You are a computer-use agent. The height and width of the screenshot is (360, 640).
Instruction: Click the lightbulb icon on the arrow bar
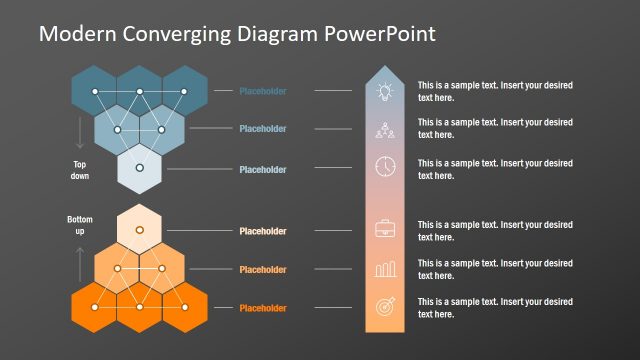[x=385, y=91]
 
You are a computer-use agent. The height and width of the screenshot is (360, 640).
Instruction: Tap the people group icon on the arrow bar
[x=385, y=129]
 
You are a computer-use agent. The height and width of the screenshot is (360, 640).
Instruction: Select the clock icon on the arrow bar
[x=385, y=166]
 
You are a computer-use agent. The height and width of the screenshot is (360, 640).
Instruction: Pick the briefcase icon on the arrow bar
[x=385, y=230]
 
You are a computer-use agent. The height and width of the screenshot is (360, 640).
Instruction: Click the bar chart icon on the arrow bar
[x=385, y=269]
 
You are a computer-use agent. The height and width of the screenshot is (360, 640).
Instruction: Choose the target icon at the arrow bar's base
[x=385, y=308]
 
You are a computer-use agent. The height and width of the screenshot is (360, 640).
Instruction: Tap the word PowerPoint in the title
[x=379, y=34]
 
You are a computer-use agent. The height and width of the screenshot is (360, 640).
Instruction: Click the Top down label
[x=81, y=170]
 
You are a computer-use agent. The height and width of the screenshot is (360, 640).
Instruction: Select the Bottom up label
[x=81, y=225]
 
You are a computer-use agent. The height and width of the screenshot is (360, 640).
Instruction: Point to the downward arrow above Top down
[x=81, y=133]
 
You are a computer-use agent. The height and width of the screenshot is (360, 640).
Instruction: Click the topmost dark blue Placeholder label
[x=263, y=92]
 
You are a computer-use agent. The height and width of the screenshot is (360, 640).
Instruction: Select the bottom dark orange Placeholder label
[x=263, y=308]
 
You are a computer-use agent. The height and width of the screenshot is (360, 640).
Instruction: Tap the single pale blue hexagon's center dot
[x=140, y=167]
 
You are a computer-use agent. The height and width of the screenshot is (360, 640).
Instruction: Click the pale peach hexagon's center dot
[x=140, y=231]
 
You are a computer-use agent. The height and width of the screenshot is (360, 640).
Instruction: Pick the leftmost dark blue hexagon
[x=95, y=91]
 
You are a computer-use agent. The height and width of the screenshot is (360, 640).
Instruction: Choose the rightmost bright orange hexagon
[x=185, y=307]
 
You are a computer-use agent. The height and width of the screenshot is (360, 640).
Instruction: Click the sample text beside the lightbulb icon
[x=495, y=92]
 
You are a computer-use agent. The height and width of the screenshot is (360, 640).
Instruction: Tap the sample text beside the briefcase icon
[x=495, y=231]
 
